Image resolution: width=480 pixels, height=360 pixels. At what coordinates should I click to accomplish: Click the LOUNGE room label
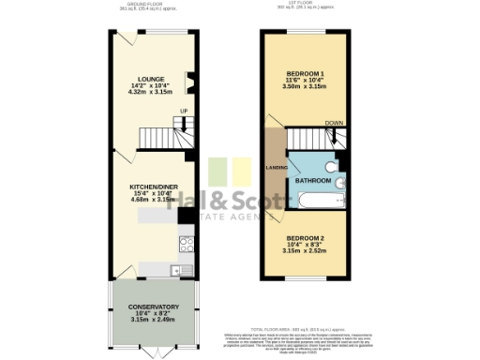pos(151,79)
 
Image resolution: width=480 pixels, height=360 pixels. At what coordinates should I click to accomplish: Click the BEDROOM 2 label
pos(305,238)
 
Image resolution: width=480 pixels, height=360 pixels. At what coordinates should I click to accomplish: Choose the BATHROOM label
pos(311,179)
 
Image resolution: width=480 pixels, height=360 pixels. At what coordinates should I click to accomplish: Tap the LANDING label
pos(277,168)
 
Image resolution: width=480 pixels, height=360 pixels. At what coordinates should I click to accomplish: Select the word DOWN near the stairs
pos(333,122)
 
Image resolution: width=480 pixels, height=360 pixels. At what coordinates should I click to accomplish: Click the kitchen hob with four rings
pos(186,245)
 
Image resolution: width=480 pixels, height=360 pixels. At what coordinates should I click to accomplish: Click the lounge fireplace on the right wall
pos(191,83)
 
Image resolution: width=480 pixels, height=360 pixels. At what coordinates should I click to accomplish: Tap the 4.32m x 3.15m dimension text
pos(151,93)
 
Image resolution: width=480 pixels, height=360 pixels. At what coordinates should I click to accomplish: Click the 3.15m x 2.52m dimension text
pos(305,252)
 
